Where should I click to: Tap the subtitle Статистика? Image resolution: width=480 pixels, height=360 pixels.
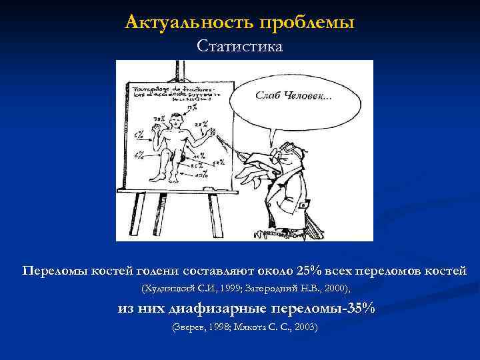point(239,47)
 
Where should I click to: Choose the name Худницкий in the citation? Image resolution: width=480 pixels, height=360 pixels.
point(166,289)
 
